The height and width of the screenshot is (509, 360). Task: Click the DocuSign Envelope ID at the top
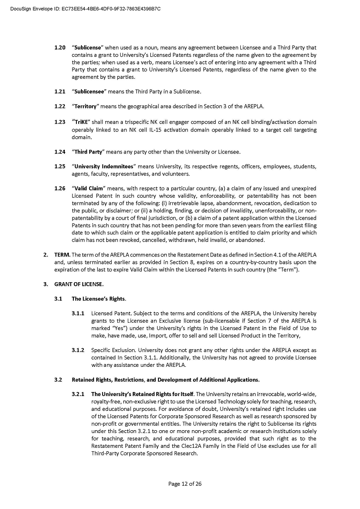point(85,9)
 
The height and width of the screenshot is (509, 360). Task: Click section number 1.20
point(60,47)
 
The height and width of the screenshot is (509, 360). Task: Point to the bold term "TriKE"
point(81,122)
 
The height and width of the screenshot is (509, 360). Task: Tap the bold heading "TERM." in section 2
point(62,255)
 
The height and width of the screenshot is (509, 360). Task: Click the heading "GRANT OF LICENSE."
point(79,284)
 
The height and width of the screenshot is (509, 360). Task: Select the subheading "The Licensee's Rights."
point(99,299)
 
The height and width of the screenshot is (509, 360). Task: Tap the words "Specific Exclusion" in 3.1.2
point(111,350)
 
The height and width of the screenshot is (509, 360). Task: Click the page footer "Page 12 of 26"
point(185,484)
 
